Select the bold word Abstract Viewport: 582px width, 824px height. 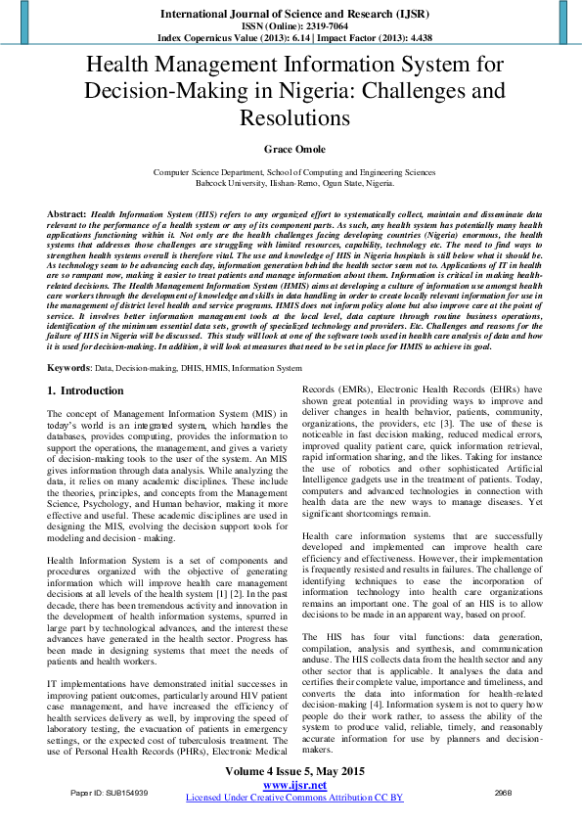pos(67,212)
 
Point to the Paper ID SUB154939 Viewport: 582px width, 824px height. pos(110,791)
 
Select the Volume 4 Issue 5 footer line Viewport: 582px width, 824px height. pos(291,771)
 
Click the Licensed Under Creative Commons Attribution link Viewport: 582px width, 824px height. pos(294,798)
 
